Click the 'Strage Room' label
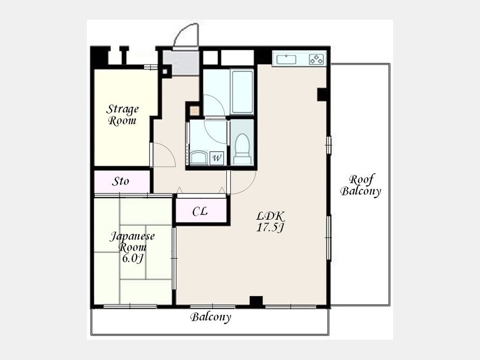122,115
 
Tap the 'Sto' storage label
121,181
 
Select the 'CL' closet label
200,211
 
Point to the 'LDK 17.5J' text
270,222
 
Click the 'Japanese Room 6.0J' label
132,247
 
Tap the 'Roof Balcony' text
361,186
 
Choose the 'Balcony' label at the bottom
211,317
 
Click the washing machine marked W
217,158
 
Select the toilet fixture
243,148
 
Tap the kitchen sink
286,59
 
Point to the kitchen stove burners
316,59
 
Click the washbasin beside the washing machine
199,157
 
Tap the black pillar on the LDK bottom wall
256,301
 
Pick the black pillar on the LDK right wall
323,94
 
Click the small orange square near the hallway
194,110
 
